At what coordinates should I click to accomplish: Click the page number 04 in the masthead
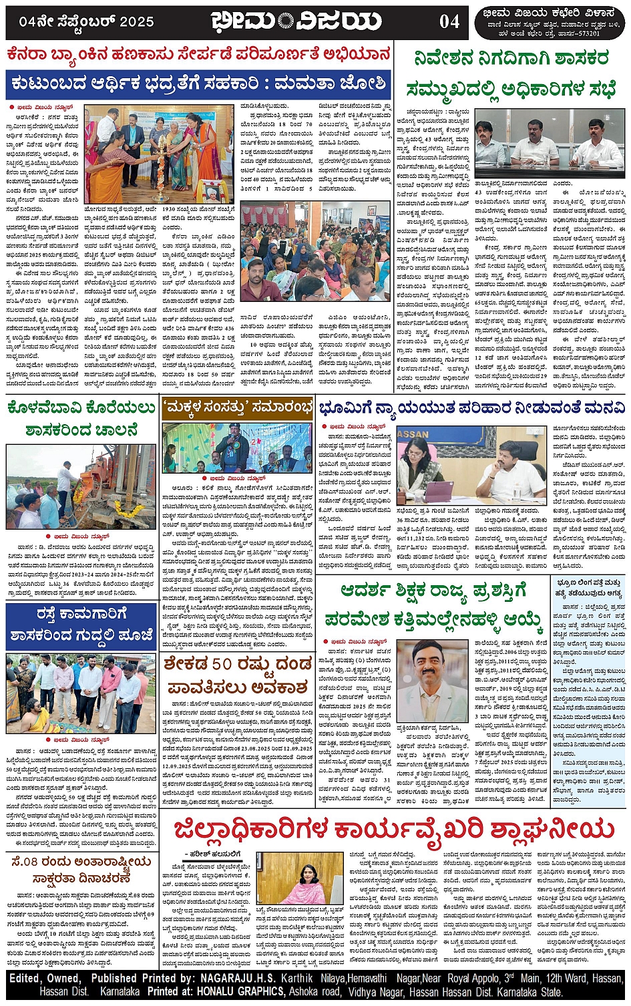click(449, 21)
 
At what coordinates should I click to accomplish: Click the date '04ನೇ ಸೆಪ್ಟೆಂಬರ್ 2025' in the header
click(87, 21)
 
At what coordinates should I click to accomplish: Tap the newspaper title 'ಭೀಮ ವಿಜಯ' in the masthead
click(296, 21)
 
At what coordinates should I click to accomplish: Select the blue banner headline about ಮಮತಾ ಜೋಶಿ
click(198, 84)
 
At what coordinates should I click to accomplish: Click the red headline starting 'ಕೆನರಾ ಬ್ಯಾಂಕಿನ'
click(198, 53)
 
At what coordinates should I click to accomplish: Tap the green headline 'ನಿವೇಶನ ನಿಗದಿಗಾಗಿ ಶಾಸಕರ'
click(511, 57)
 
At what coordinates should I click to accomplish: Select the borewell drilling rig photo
click(81, 487)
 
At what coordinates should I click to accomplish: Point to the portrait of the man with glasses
click(427, 679)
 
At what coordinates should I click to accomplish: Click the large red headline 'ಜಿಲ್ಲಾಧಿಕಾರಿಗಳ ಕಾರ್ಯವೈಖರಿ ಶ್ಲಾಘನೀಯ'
click(393, 830)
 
